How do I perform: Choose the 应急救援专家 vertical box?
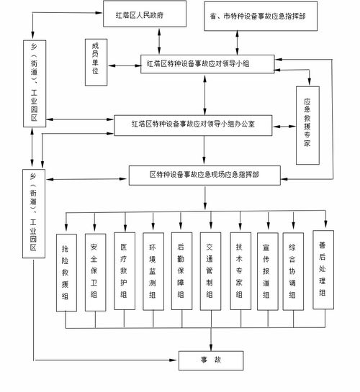[x=308, y=122]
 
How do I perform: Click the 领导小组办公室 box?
[x=192, y=124]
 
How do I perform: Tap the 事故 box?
[x=212, y=359]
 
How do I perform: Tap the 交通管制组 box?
[x=210, y=270]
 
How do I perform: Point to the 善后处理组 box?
[x=323, y=269]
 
